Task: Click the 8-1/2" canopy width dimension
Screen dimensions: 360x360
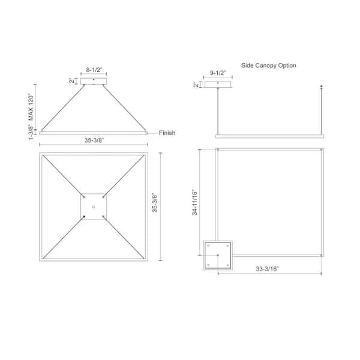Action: (94, 70)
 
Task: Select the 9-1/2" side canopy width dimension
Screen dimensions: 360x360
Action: (218, 73)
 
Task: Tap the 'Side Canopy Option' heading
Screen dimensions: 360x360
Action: (268, 65)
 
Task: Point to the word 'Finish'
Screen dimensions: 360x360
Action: (167, 133)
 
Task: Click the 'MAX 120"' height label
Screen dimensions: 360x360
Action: (31, 107)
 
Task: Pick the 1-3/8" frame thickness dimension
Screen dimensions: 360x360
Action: (31, 132)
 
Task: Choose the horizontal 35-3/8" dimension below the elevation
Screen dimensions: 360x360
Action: (94, 140)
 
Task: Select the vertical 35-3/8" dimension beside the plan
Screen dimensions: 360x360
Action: (155, 203)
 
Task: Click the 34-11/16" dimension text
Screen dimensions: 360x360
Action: (194, 202)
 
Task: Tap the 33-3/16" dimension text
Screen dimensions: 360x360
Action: (267, 269)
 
